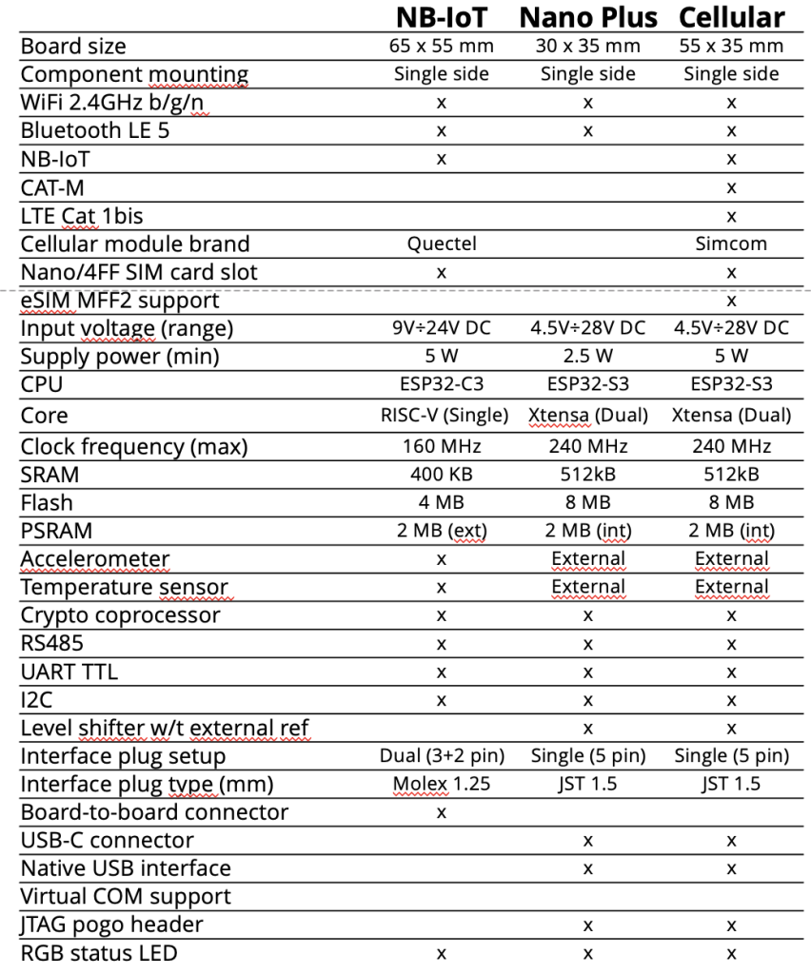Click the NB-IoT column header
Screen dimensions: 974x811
(441, 17)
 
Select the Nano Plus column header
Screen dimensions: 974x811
(588, 17)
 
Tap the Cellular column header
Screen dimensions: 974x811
(731, 17)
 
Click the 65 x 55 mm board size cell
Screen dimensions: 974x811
(441, 46)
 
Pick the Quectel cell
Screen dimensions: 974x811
(441, 243)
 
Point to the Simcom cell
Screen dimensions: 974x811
(731, 243)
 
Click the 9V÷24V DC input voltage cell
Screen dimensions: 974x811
(441, 328)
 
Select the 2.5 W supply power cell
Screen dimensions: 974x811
(588, 357)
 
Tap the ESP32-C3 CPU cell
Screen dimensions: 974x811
(441, 385)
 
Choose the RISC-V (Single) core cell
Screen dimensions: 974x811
(441, 416)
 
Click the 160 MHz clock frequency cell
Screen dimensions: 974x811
(441, 445)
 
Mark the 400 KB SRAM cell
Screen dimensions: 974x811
(441, 474)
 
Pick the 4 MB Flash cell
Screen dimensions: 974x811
(441, 502)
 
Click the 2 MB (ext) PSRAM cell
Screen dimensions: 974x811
(441, 531)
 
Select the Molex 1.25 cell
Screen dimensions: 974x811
(441, 784)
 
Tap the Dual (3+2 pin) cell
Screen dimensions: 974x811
(441, 756)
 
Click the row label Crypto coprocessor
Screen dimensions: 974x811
(120, 615)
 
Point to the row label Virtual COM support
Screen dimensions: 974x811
(126, 896)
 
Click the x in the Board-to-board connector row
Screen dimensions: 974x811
(441, 812)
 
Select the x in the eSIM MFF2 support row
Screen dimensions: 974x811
(731, 301)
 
